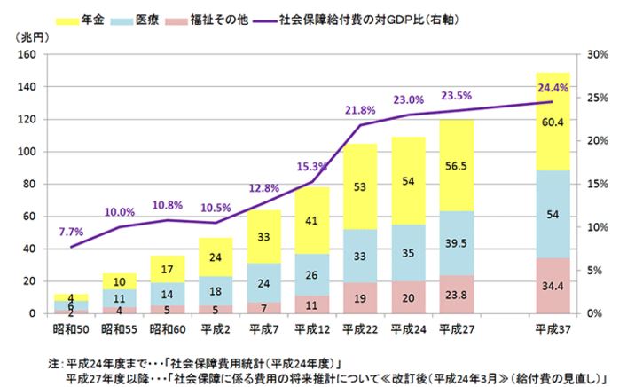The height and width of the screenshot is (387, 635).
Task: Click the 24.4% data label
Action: [553, 87]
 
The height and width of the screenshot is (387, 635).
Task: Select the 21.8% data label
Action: [358, 110]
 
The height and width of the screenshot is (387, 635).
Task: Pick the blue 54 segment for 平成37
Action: [553, 214]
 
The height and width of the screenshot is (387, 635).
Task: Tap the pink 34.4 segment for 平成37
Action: [553, 286]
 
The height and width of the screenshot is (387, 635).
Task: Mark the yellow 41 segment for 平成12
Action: [311, 220]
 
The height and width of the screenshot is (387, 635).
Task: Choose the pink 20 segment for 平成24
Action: [407, 297]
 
